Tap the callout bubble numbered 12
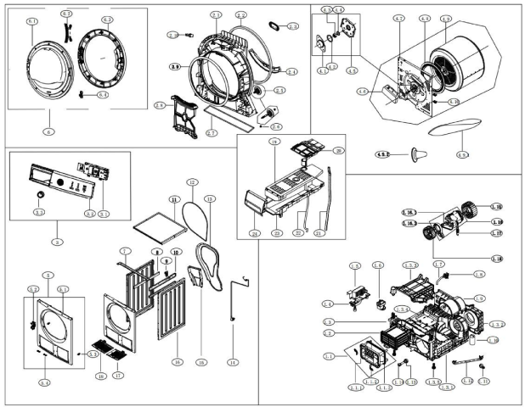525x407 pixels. pyautogui.click(x=192, y=182)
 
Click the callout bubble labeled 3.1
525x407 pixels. pyautogui.click(x=104, y=212)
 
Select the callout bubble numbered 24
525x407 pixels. pyautogui.click(x=254, y=233)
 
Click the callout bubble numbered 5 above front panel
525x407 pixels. pyautogui.click(x=49, y=276)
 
